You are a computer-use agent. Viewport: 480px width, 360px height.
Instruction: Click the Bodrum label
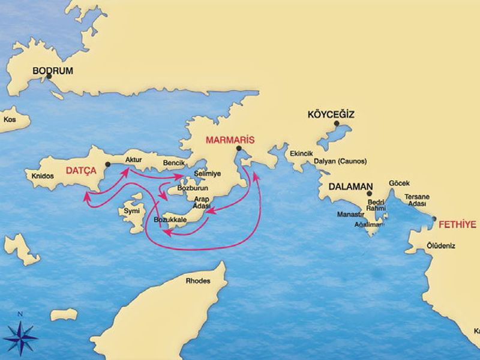pyautogui.click(x=53, y=70)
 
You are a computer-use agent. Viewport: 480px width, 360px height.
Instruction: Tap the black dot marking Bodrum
pyautogui.click(x=49, y=77)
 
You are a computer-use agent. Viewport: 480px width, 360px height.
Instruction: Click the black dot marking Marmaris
pyautogui.click(x=238, y=148)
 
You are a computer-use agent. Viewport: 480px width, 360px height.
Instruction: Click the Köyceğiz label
pyautogui.click(x=331, y=114)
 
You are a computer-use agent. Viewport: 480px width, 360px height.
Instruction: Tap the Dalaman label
pyautogui.click(x=352, y=187)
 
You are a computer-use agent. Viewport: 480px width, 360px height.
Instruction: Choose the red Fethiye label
pyautogui.click(x=458, y=225)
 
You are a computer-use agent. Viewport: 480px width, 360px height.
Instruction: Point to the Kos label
pyautogui.click(x=10, y=119)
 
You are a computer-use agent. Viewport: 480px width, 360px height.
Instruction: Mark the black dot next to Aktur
pyautogui.click(x=108, y=164)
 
